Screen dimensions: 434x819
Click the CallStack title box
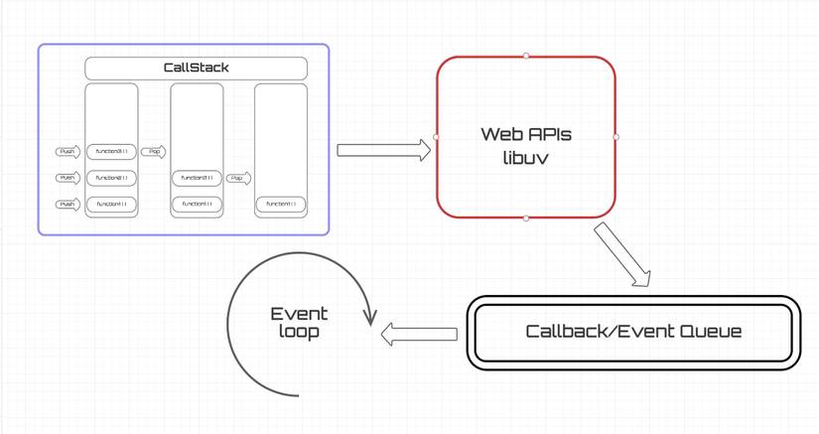coord(196,68)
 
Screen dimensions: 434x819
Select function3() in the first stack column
coord(111,152)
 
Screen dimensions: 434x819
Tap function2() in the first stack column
coord(111,178)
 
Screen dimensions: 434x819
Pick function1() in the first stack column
coord(111,204)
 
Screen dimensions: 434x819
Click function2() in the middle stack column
coord(197,178)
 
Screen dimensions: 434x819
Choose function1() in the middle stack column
coord(197,204)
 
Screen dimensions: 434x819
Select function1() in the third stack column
coord(281,204)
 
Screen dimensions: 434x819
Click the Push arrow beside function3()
coord(68,152)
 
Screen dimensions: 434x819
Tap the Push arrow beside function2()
coord(68,178)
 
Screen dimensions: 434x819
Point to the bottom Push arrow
coord(68,204)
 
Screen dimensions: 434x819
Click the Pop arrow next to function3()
coord(154,152)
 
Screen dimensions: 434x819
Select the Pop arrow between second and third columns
coord(238,179)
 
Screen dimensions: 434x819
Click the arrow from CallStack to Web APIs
coord(383,150)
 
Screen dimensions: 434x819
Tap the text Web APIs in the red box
coord(526,134)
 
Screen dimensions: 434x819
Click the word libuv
coord(526,157)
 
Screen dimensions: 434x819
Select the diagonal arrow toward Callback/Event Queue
coord(622,255)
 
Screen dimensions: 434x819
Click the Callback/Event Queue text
coord(633,332)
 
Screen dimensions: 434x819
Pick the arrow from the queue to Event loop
coord(419,335)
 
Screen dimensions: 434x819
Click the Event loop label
coord(299,323)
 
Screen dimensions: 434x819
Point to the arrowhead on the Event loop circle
coord(371,317)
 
